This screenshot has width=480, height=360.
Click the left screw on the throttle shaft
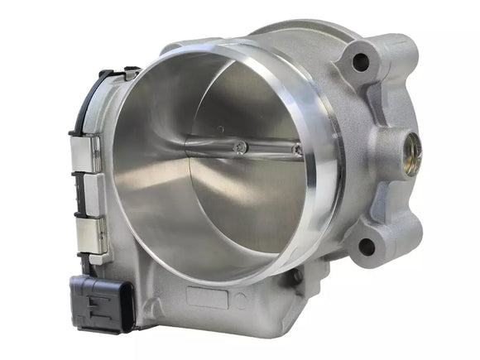(x=241, y=147)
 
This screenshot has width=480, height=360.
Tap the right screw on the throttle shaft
(x=296, y=151)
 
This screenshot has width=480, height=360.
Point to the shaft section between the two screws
(x=269, y=149)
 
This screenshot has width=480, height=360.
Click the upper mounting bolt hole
(x=360, y=61)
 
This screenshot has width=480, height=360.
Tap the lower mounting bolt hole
(x=366, y=244)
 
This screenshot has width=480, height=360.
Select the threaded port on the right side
(x=411, y=150)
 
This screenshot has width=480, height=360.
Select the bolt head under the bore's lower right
(x=296, y=276)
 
